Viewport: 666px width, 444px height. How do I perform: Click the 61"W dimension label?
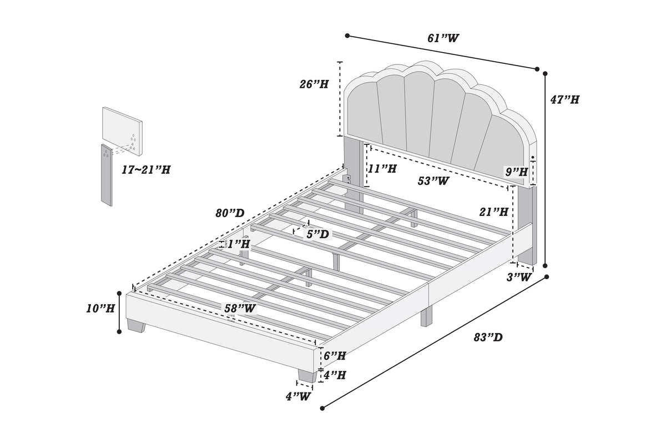[443, 38]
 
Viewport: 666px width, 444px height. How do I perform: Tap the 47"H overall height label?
[564, 99]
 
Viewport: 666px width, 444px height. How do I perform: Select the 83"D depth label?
[488, 337]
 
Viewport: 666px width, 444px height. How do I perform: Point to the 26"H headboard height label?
[314, 84]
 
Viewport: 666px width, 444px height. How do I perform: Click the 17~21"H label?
[146, 170]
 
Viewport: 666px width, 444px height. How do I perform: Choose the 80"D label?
[230, 213]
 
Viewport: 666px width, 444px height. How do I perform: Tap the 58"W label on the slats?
[240, 309]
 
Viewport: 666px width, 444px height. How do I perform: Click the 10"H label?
[100, 309]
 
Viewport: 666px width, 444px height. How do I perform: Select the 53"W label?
[433, 181]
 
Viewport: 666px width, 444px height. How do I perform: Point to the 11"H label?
[382, 169]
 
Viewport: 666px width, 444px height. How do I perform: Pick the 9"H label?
[517, 172]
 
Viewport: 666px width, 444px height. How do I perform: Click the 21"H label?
[493, 212]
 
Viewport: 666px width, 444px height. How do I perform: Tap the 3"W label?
[519, 277]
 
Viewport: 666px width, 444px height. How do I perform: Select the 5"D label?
[318, 234]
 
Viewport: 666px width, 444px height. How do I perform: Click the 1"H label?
[239, 244]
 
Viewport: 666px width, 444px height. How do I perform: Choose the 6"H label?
[335, 356]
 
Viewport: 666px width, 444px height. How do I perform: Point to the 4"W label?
[298, 396]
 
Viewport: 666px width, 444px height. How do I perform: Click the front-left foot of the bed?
[136, 326]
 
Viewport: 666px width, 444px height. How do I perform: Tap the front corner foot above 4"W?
[307, 376]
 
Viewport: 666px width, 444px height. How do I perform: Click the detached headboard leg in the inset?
[107, 175]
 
